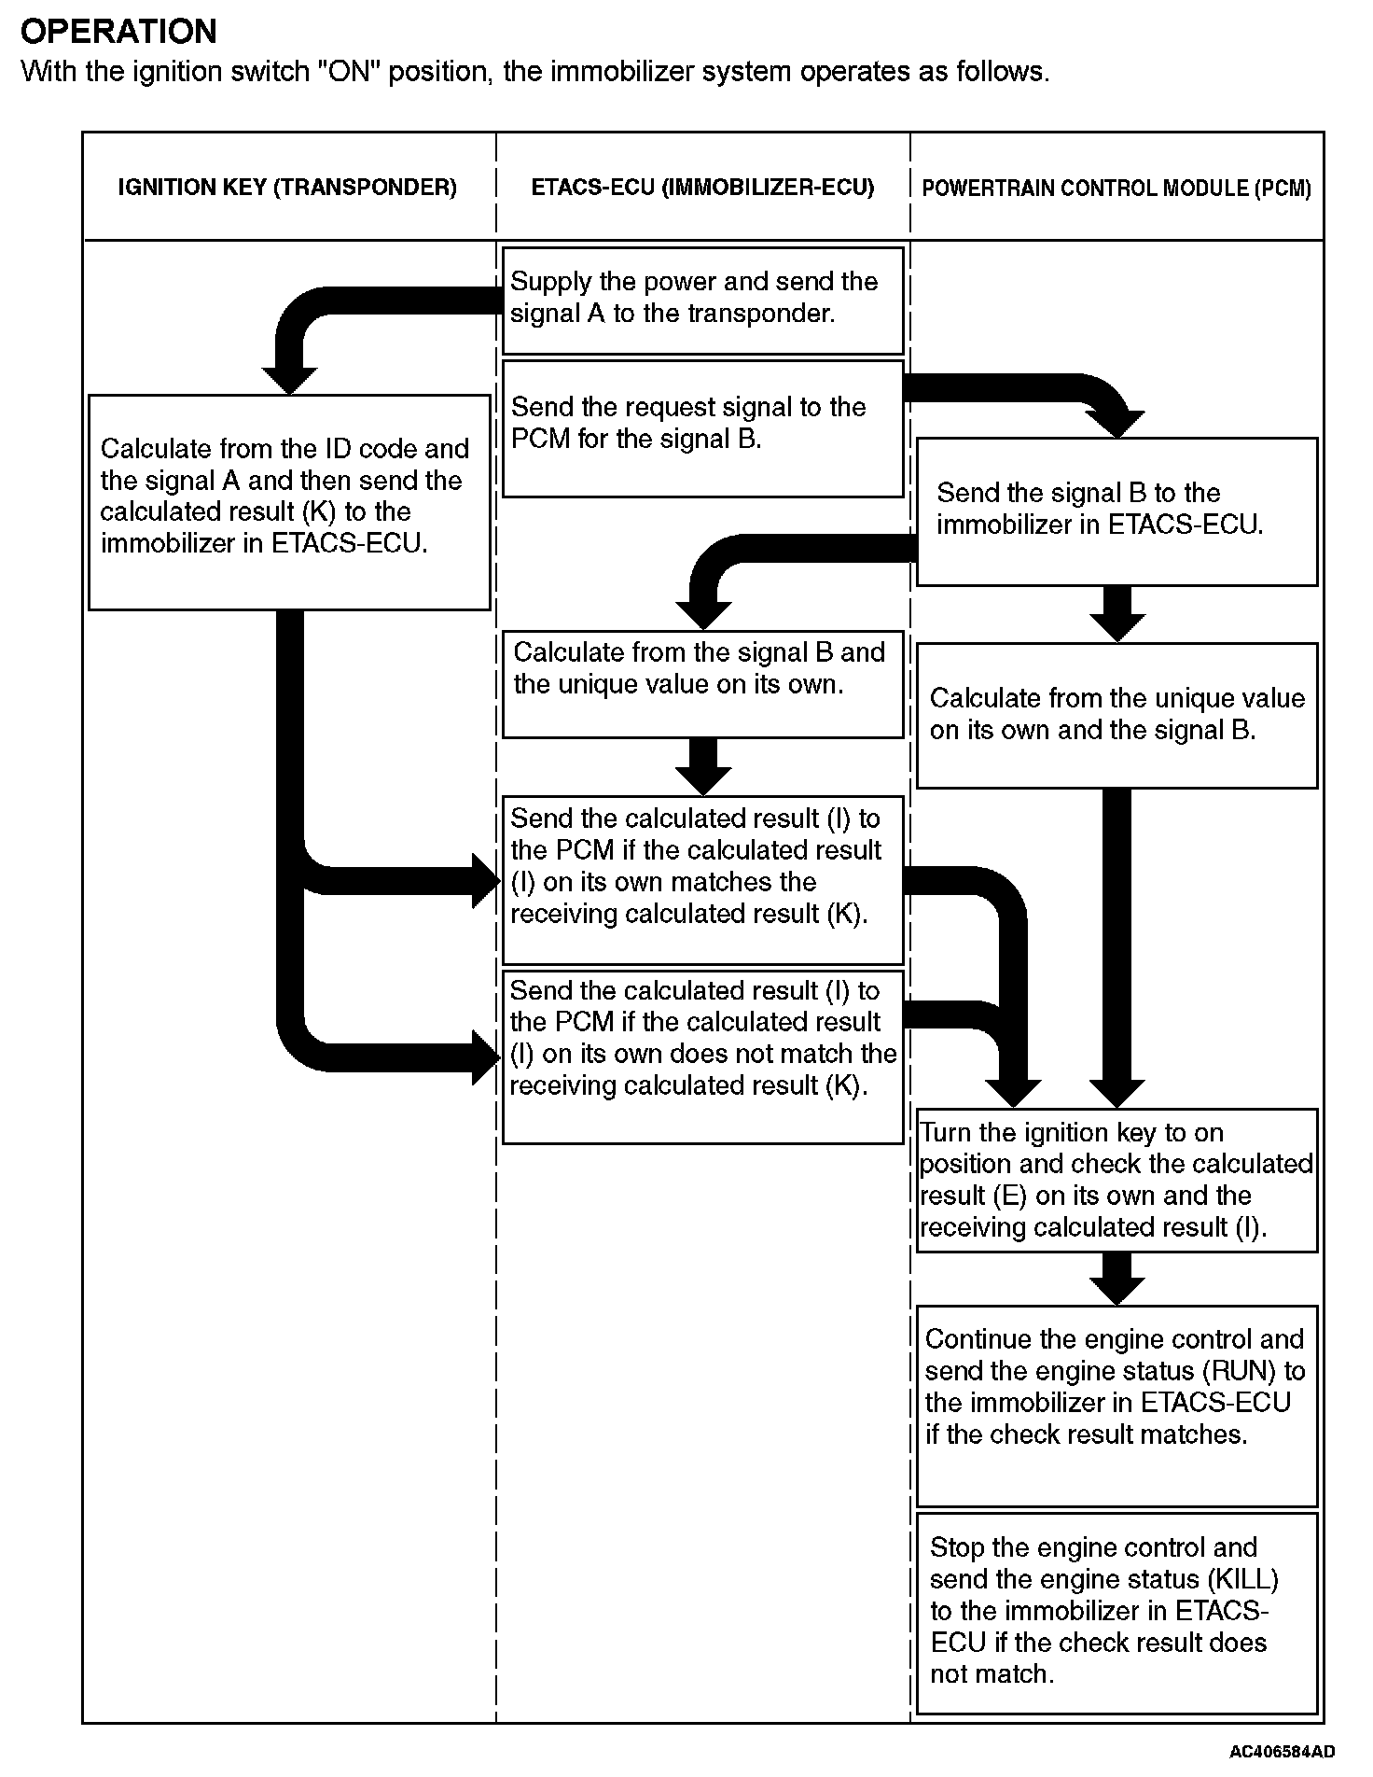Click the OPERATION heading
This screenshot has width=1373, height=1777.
[x=118, y=32]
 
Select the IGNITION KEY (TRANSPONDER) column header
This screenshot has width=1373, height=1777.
[x=287, y=188]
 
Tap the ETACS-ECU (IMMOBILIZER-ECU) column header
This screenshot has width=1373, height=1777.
[x=702, y=188]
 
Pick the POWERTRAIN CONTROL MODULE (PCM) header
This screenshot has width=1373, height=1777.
[x=1116, y=189]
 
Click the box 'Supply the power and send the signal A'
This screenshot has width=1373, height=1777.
[x=702, y=300]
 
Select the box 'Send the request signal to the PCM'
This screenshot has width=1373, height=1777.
[x=702, y=428]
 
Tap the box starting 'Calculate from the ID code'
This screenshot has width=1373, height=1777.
[x=289, y=501]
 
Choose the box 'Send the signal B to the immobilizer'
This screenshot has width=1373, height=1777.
[x=1116, y=511]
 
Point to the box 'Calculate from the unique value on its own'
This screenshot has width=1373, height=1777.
[x=1116, y=715]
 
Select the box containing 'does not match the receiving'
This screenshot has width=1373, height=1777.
[x=702, y=1056]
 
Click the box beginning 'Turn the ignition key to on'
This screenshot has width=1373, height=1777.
[x=1116, y=1180]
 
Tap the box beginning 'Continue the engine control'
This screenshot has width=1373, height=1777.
[x=1116, y=1405]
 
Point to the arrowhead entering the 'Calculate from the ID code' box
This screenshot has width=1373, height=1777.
[x=289, y=380]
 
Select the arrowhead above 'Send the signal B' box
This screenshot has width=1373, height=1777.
[x=1116, y=424]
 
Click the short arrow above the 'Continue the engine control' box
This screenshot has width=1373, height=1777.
[x=1116, y=1279]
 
